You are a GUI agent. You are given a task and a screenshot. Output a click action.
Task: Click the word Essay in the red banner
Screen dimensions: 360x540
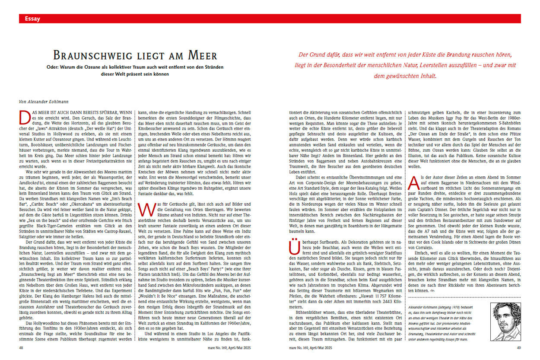[32, 19]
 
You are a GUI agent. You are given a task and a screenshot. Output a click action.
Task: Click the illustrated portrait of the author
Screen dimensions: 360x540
[505, 321]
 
